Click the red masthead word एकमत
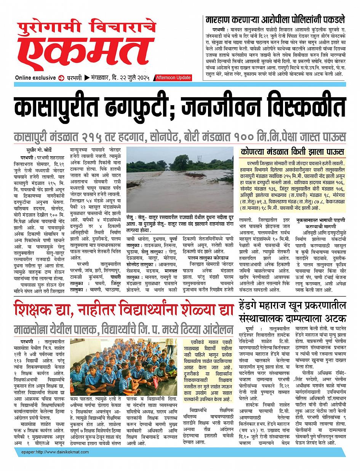(88, 53)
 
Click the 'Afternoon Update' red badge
(173, 78)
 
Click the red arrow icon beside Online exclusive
(61, 78)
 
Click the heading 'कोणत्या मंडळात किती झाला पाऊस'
(293, 151)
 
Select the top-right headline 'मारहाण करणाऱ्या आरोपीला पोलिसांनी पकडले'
(275, 19)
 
